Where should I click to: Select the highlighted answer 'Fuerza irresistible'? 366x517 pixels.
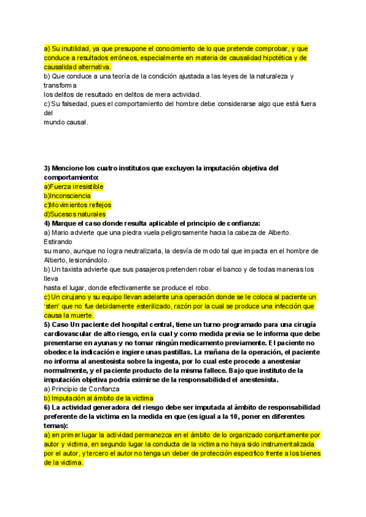(74, 186)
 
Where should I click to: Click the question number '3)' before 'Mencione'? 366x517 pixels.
(47, 168)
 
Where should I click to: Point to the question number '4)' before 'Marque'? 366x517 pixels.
(47, 223)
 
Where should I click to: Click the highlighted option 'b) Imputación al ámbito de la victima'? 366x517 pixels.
(98, 398)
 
